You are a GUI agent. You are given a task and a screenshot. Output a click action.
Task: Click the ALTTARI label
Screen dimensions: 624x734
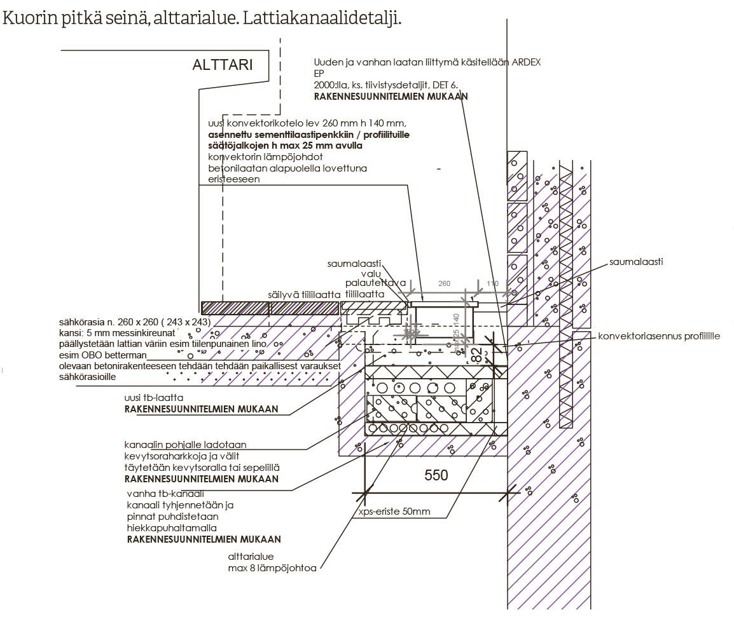(223, 65)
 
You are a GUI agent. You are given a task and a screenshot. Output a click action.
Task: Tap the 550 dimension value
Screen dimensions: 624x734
(436, 475)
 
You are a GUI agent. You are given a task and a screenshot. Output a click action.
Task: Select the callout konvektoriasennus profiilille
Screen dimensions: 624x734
(659, 336)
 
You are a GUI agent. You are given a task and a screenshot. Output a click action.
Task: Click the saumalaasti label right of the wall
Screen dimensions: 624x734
(636, 261)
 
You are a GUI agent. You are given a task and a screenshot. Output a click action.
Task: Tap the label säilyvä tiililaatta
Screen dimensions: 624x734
(304, 295)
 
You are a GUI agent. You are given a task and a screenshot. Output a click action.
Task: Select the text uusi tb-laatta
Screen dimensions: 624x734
(154, 398)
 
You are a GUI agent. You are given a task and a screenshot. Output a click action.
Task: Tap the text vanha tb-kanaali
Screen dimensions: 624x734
(165, 494)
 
